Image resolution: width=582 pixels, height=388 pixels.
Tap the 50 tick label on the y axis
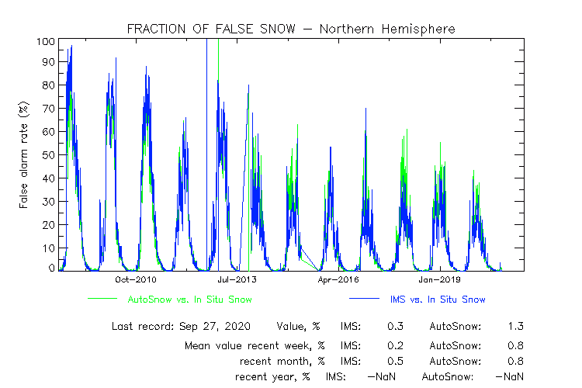48,155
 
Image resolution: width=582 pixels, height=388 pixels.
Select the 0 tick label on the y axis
51,268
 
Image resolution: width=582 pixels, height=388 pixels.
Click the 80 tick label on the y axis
48,86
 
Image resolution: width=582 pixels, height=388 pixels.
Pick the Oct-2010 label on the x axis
137,279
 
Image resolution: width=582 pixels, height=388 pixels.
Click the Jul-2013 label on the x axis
238,279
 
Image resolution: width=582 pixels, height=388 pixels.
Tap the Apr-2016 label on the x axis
339,279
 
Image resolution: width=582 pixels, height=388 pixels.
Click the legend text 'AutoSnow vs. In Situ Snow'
189,299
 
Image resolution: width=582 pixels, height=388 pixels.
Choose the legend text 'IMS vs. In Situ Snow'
440,299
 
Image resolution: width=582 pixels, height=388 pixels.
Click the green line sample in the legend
102,299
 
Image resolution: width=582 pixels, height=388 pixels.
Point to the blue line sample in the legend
364,299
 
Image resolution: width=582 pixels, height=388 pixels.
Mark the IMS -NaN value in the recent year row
382,376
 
